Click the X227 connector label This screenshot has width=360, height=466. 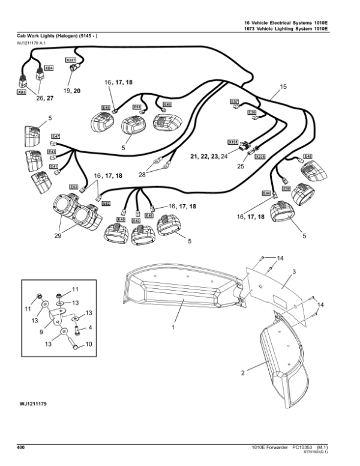coord(70,60)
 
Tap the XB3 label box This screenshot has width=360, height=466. coord(21,93)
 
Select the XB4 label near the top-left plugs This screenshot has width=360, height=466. coord(50,68)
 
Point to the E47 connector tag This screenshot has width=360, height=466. coord(55,136)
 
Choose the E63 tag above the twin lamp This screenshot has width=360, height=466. coord(74,187)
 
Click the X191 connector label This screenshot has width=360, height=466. coord(232,142)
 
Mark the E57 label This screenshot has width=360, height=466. coord(235,101)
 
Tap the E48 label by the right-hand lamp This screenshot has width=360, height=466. coord(307,156)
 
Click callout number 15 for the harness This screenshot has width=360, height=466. coord(283,86)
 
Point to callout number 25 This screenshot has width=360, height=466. coord(240,166)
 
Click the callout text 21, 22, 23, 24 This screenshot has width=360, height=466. coord(209,156)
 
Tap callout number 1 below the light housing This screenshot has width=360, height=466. coord(172,327)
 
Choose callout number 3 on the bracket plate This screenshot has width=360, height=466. coord(293,272)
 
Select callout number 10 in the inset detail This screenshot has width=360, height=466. coord(89,344)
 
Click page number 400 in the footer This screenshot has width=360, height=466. coord(21,447)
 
